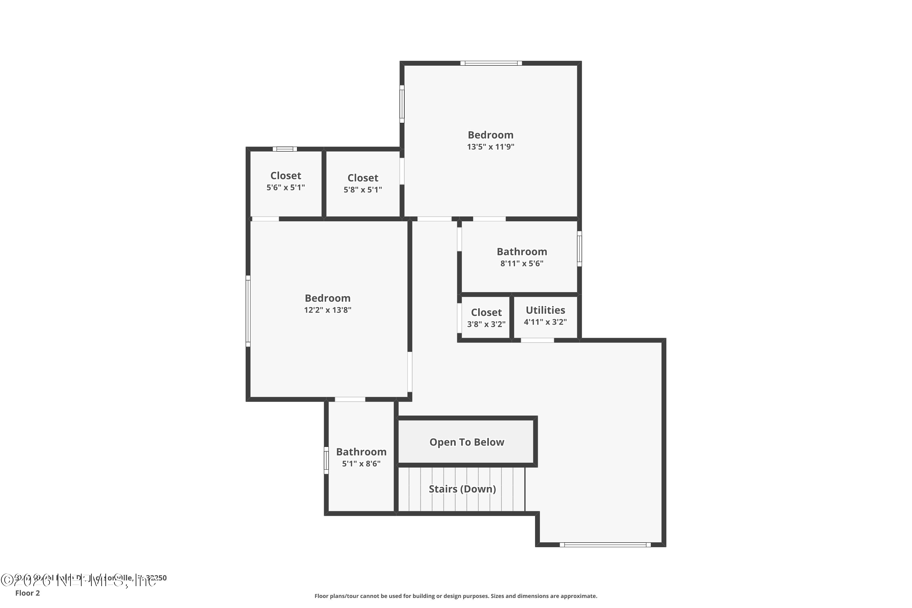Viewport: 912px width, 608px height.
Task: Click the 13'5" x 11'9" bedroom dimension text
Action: [x=491, y=147]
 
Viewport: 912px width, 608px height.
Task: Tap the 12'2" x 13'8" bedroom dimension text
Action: [x=328, y=310]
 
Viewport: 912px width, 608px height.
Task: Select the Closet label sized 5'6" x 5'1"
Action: [x=286, y=176]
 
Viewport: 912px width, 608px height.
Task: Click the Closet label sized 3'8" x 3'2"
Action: [x=486, y=313]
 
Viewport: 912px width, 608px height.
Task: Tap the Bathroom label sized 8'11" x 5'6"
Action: [x=522, y=252]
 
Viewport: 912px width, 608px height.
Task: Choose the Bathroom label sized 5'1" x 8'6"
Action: [x=361, y=452]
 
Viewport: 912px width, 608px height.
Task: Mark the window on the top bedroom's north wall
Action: [x=491, y=63]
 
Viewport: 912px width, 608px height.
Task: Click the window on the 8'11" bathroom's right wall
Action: [x=579, y=249]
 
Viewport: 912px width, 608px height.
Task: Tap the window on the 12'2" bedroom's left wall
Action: [x=248, y=311]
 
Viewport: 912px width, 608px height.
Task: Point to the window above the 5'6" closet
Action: [x=285, y=149]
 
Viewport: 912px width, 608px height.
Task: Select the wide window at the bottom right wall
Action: [x=605, y=545]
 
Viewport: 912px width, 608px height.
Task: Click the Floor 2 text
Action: [x=28, y=593]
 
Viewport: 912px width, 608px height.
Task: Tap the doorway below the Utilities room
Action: [x=537, y=340]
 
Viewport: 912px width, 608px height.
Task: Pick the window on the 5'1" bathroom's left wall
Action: [x=326, y=460]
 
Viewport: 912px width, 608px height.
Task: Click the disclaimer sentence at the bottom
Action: [x=456, y=596]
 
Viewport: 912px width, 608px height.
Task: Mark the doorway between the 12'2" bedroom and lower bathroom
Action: [x=350, y=399]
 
